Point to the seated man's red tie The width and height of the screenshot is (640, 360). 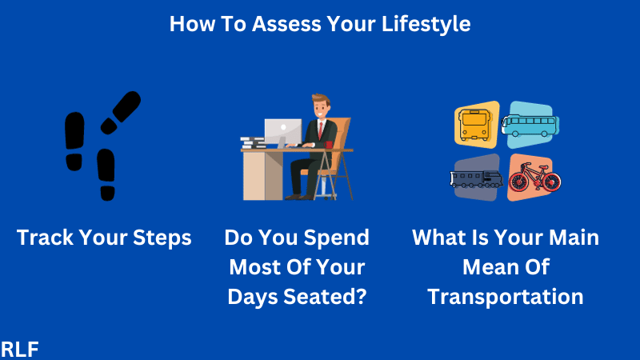pyautogui.click(x=320, y=131)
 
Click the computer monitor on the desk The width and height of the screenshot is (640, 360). pyautogui.click(x=282, y=133)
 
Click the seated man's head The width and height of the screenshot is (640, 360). pyautogui.click(x=322, y=106)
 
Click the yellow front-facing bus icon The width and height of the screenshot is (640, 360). pyautogui.click(x=477, y=125)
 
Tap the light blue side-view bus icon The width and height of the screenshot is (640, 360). pyautogui.click(x=530, y=124)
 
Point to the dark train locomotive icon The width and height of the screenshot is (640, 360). pyautogui.click(x=476, y=178)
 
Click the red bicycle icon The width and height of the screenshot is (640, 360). pyautogui.click(x=534, y=178)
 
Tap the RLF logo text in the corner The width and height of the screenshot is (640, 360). pyautogui.click(x=21, y=348)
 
